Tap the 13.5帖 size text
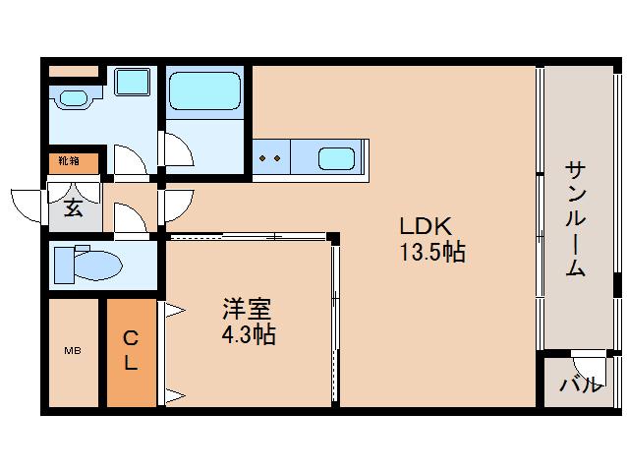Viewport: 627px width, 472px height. [x=431, y=253]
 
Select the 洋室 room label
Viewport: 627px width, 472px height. [x=246, y=308]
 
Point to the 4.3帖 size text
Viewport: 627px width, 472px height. [x=248, y=334]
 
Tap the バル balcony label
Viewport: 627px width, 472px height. [x=580, y=384]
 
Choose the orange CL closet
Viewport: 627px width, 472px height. [x=131, y=351]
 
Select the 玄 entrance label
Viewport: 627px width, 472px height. [x=74, y=207]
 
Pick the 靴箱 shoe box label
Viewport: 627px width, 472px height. [x=69, y=160]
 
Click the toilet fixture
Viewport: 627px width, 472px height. [x=88, y=265]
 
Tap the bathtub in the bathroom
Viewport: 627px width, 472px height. [x=203, y=90]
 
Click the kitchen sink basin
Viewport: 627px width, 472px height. [x=336, y=157]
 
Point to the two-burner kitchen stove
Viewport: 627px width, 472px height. [x=269, y=157]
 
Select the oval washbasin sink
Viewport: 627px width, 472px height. [x=74, y=98]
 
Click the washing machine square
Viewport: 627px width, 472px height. [x=131, y=83]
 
